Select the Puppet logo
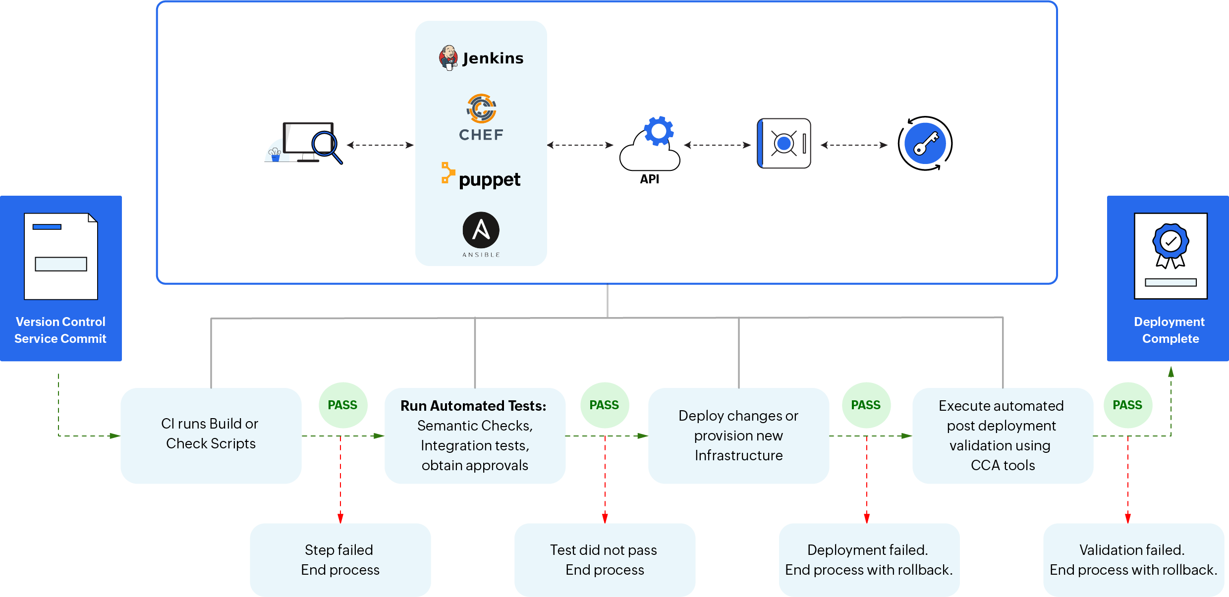pos(481,176)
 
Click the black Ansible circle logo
pos(481,230)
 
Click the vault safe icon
pos(784,144)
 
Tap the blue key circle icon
pos(925,144)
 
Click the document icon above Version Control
pos(61,256)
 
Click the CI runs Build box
pos(211,435)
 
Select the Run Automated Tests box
pos(475,435)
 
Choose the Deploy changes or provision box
pos(738,435)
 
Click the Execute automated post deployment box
pos(1003,435)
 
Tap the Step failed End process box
pos(340,560)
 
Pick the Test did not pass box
pos(605,560)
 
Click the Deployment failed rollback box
pos(869,560)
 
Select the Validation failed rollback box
pos(1133,560)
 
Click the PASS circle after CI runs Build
pos(342,405)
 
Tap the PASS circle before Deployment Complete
pos(1127,405)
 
